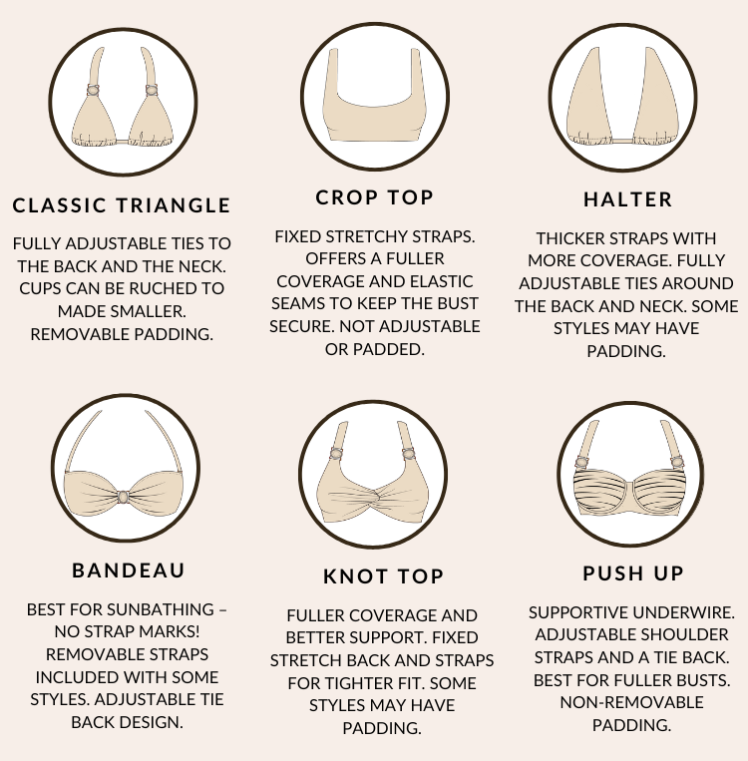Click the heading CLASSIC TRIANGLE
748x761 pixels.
[x=122, y=205]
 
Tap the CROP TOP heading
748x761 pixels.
[x=374, y=197]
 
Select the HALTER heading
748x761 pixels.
[x=627, y=199]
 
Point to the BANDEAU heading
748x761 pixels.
[x=128, y=571]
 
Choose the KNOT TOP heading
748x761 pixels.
[x=383, y=576]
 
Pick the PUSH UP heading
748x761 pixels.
[x=633, y=573]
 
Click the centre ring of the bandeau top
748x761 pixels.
[x=123, y=497]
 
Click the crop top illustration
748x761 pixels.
[x=374, y=95]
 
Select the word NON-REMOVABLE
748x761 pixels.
[x=631, y=702]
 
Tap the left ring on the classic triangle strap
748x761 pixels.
[x=93, y=91]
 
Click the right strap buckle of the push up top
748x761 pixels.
[x=677, y=461]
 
